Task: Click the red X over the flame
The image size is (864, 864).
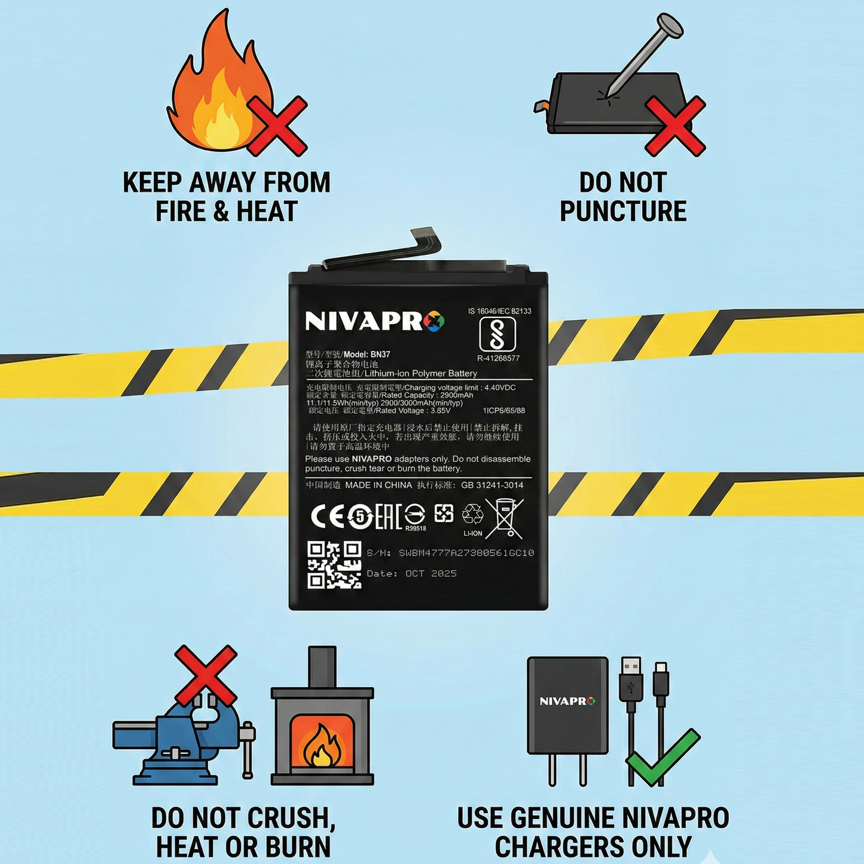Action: click(x=277, y=126)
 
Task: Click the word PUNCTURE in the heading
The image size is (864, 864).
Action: click(x=623, y=212)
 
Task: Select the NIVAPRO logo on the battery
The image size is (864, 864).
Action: click(x=374, y=321)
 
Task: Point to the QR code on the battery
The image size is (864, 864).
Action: click(x=334, y=565)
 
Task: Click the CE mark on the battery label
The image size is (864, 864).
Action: click(x=328, y=517)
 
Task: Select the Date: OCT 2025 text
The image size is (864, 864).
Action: click(x=411, y=573)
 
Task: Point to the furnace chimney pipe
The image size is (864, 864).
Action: click(x=322, y=667)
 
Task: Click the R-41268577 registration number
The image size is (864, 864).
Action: click(x=498, y=358)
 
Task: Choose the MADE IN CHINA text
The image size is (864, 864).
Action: click(x=378, y=485)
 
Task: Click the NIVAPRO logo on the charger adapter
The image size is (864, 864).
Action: click(x=567, y=701)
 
